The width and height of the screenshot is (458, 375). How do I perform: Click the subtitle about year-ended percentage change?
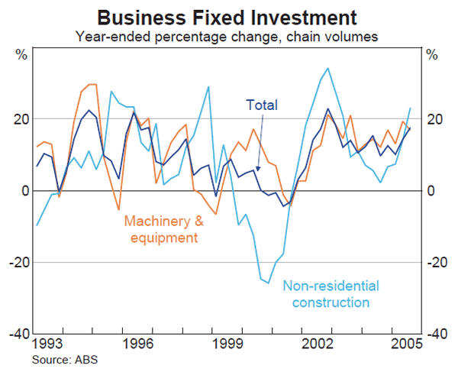click(229, 34)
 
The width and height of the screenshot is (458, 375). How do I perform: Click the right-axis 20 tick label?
click(436, 119)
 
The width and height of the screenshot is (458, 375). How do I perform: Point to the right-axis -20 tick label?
click(437, 263)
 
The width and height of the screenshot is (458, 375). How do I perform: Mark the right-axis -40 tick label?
click(437, 334)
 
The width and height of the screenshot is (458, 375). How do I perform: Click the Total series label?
click(262, 105)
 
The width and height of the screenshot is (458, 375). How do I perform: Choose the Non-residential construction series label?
click(331, 294)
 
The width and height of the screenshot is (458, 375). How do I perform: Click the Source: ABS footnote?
click(65, 358)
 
